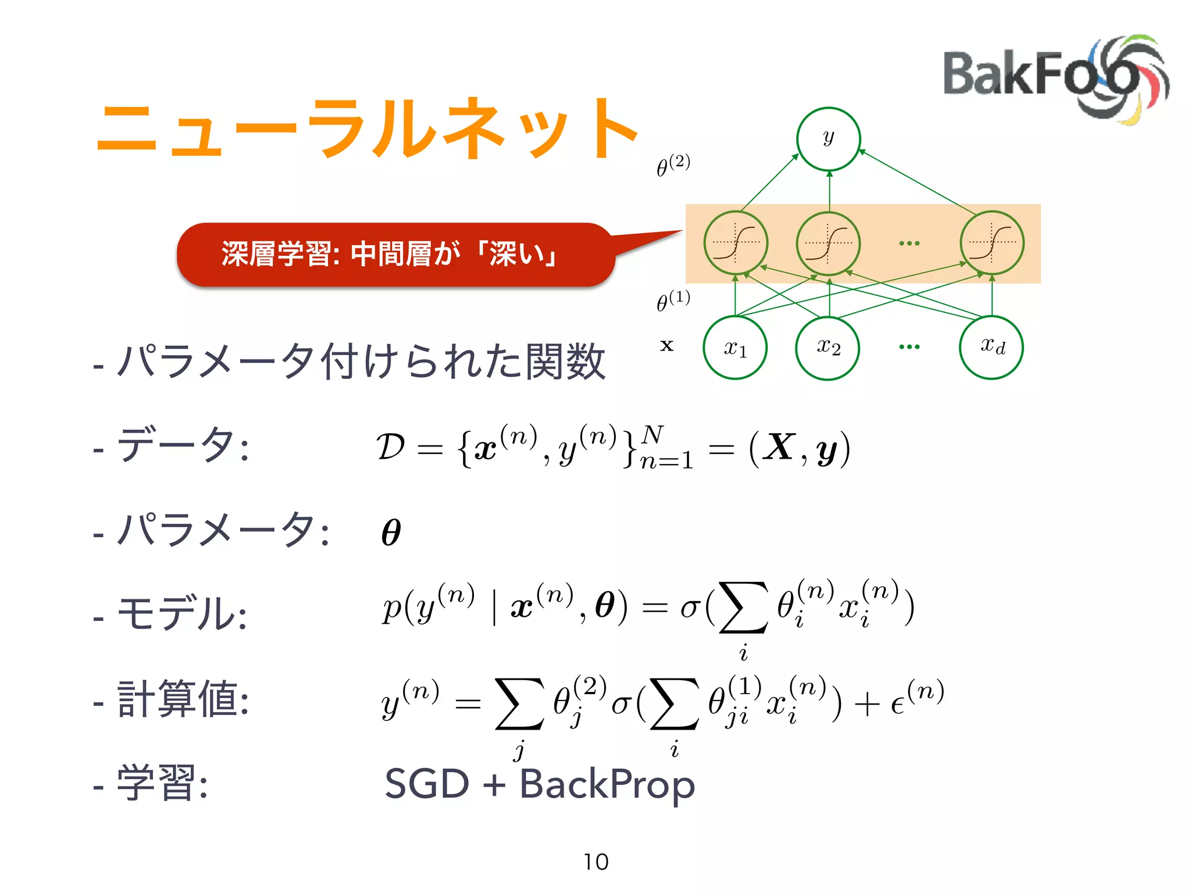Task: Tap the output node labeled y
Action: click(828, 139)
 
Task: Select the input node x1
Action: click(735, 348)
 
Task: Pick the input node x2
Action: click(828, 348)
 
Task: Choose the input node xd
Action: click(992, 347)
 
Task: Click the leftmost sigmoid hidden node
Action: click(736, 242)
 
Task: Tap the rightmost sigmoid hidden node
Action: click(992, 242)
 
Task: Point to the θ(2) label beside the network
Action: click(673, 165)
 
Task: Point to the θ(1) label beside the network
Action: click(673, 301)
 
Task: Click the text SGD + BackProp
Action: click(540, 784)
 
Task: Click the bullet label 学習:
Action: click(162, 784)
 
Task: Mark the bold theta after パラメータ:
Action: click(391, 532)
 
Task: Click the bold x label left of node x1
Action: click(667, 346)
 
